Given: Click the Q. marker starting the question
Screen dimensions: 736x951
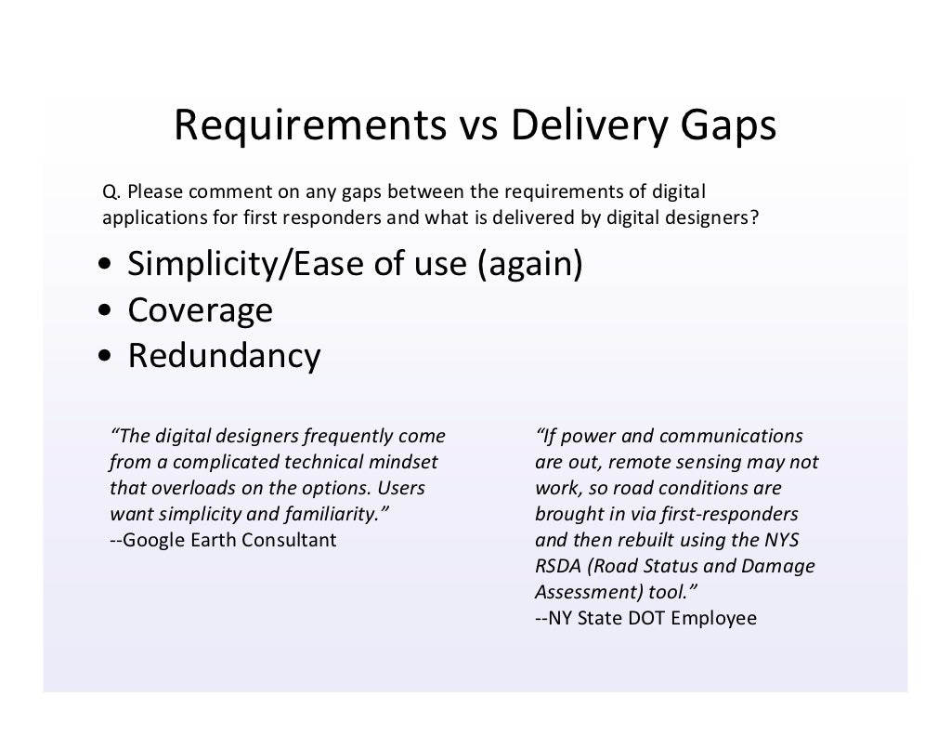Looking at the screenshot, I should coord(111,192).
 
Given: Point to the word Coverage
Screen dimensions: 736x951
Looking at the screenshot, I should coord(200,310).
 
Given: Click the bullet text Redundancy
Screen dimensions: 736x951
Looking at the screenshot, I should coord(224,356).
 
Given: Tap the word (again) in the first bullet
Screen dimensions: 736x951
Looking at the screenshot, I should coord(529,266).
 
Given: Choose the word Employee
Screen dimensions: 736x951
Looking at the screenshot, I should coord(716,617).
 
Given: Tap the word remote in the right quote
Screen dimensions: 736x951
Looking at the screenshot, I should coord(630,462).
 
